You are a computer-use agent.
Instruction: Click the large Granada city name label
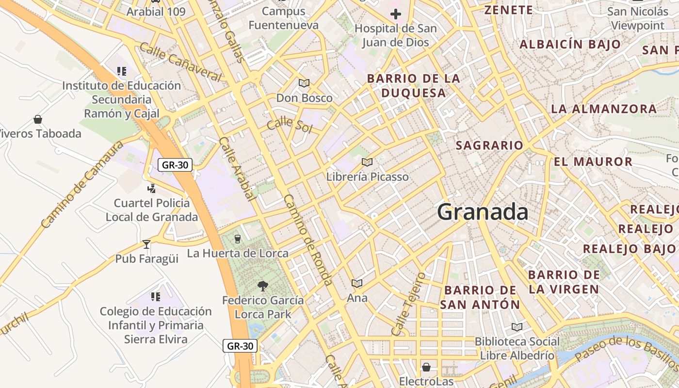[483, 212]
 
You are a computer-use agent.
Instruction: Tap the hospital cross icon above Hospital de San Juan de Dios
[396, 14]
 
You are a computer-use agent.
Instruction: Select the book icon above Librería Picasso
[367, 162]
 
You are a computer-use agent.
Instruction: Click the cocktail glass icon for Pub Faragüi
[146, 244]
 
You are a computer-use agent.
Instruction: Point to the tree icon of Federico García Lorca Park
[263, 286]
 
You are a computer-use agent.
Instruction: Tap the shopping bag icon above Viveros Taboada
[38, 119]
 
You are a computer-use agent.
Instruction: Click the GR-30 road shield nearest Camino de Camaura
[175, 165]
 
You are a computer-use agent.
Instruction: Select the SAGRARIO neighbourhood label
[489, 145]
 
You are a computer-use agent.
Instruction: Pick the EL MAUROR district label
[593, 162]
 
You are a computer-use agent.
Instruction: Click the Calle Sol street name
[290, 124]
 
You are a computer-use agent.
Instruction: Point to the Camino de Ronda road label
[308, 240]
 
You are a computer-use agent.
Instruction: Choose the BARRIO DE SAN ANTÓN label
[480, 297]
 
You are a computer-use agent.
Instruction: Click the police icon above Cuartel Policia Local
[152, 188]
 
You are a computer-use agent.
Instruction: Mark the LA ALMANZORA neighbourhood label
[604, 109]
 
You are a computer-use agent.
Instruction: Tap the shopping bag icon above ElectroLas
[426, 367]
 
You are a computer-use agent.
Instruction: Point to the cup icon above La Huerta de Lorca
[237, 238]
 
